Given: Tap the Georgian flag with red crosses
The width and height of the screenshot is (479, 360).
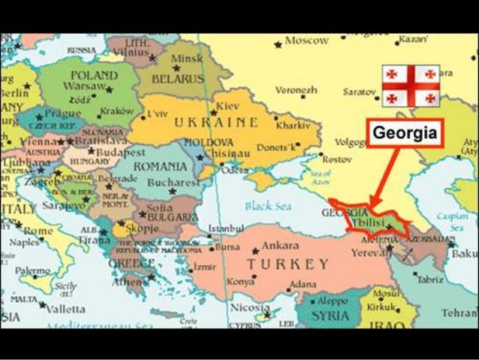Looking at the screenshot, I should [x=410, y=84].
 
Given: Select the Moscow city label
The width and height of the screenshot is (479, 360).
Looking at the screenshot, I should [x=306, y=41].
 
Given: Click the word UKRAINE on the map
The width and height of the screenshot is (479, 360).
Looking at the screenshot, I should [x=216, y=123].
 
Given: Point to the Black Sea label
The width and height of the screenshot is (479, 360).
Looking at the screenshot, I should [x=268, y=206].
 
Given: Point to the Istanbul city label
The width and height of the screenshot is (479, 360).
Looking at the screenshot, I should [x=226, y=228].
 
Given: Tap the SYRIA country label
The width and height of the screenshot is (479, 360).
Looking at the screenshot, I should [x=330, y=315].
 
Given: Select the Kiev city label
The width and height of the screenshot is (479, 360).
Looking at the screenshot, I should [x=227, y=107].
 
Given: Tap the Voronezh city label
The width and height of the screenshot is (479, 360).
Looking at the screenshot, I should [x=297, y=89].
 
